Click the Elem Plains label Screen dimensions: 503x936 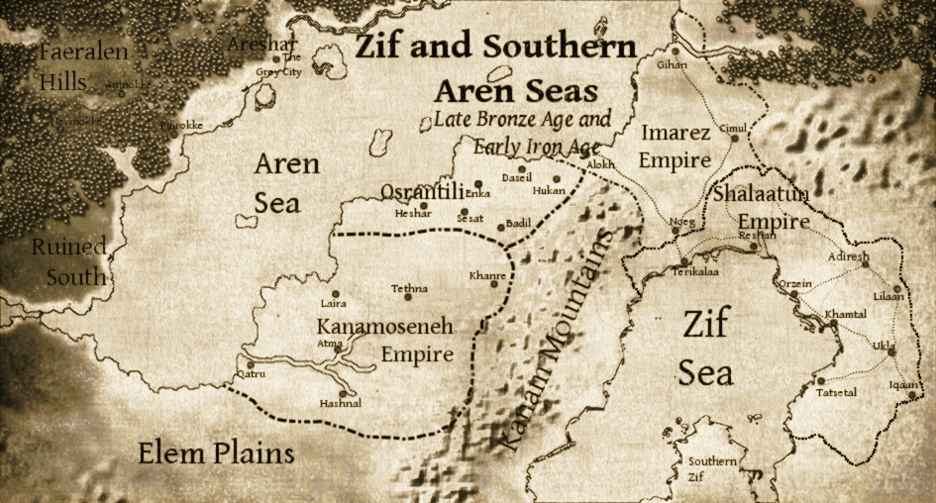pyautogui.click(x=216, y=454)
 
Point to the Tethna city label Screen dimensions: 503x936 pyautogui.click(x=409, y=288)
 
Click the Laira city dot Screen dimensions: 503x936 pyautogui.click(x=337, y=294)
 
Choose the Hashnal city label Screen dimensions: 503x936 pyautogui.click(x=340, y=403)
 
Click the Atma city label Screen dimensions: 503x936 pyautogui.click(x=329, y=343)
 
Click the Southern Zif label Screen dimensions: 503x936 pyautogui.click(x=712, y=469)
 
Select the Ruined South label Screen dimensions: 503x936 pyautogui.click(x=68, y=261)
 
